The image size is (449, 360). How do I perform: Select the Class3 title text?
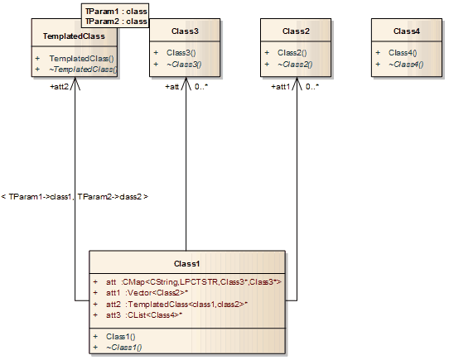pyautogui.click(x=186, y=31)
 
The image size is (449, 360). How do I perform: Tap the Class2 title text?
pyautogui.click(x=296, y=31)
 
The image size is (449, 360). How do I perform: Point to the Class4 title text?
pyautogui.click(x=407, y=31)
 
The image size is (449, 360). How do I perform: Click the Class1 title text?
pyautogui.click(x=186, y=263)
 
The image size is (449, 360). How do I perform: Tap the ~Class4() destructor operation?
pyautogui.click(x=408, y=64)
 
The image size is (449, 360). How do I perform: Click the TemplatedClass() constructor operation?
pyautogui.click(x=82, y=59)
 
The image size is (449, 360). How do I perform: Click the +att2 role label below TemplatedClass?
pyautogui.click(x=60, y=86)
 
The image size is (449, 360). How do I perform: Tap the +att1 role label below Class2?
pyautogui.click(x=282, y=86)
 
